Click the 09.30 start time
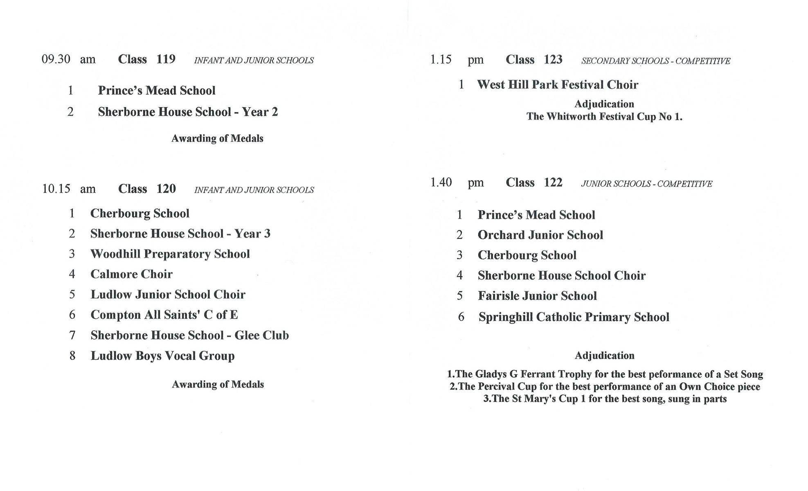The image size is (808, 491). pos(56,59)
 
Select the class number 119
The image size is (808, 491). pos(166,59)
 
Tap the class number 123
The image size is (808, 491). pos(553,60)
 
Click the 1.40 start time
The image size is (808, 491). pos(441,182)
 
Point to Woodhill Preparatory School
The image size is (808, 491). pos(170,254)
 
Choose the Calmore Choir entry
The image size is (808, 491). pos(131,274)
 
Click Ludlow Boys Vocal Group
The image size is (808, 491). pos(162,356)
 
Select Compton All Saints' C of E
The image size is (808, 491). pos(164,315)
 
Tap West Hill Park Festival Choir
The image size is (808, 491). pos(557,85)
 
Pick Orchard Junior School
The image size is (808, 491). pos(540,235)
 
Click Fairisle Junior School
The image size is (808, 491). pos(537,296)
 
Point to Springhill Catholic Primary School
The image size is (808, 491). pos(574,317)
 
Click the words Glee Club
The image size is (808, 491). pos(261,336)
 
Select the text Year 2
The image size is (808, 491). pos(260,112)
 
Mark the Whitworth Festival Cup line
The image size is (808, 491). pos(604,117)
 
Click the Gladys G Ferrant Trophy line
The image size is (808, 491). pos(605,374)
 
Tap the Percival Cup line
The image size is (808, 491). pos(605,387)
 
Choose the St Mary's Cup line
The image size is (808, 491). pos(605,399)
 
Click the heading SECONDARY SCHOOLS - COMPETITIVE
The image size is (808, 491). pos(655,61)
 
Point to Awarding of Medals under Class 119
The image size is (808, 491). pos(217,139)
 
